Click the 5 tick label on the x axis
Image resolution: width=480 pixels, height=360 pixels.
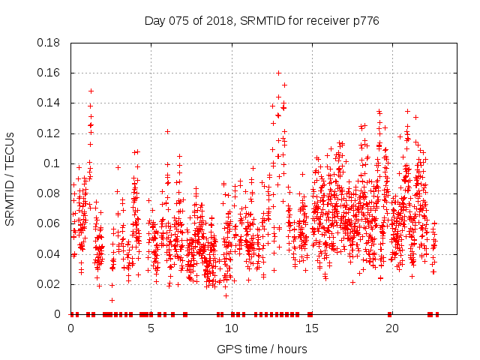click(x=151, y=328)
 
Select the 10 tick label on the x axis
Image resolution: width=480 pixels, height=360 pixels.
click(x=231, y=328)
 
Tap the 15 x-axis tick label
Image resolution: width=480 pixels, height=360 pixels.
click(x=311, y=328)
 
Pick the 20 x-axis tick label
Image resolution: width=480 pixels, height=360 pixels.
click(x=391, y=328)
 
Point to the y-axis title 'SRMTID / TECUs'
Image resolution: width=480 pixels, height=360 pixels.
click(x=10, y=178)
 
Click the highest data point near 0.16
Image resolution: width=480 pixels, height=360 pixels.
click(x=278, y=73)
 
